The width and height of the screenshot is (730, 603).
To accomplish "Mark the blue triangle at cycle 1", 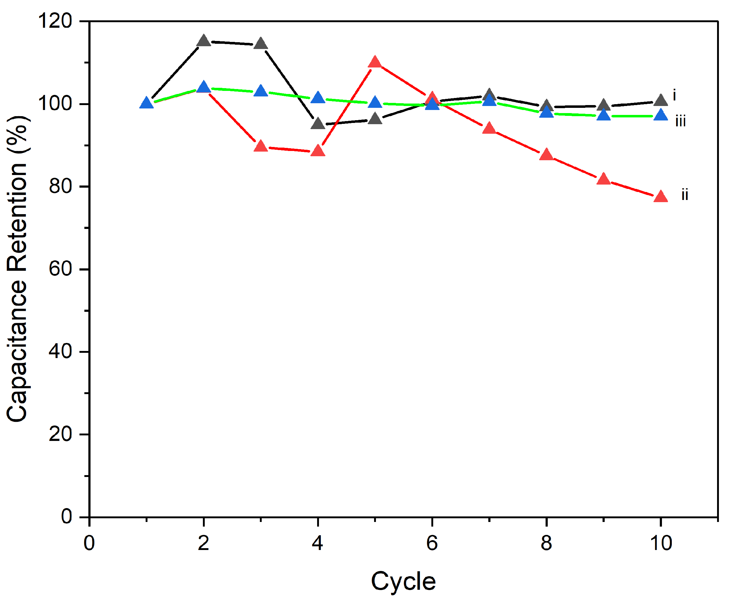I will (x=147, y=104).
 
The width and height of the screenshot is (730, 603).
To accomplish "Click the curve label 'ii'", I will (x=684, y=195).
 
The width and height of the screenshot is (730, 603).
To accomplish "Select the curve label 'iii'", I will (x=680, y=122).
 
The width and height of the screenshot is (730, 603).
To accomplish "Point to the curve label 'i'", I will (x=674, y=95).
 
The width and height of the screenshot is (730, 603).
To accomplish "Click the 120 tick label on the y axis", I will (x=55, y=21).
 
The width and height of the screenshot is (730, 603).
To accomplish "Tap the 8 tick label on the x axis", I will (x=546, y=543).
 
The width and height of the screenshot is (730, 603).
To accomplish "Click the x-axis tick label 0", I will (x=89, y=543).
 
